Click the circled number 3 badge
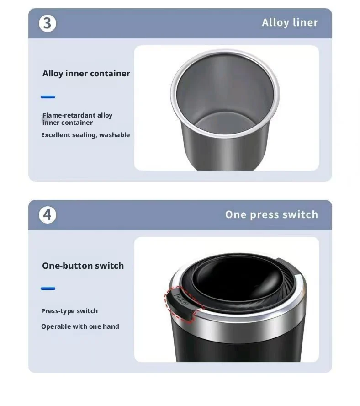(x=48, y=23)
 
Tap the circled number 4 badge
(x=48, y=214)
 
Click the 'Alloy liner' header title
(x=290, y=22)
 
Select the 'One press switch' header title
(x=271, y=214)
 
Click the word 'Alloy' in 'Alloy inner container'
(x=53, y=74)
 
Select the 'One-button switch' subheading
(x=83, y=266)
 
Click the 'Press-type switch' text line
(x=69, y=311)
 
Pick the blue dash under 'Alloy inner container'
(x=48, y=97)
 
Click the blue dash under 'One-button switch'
(x=48, y=288)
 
